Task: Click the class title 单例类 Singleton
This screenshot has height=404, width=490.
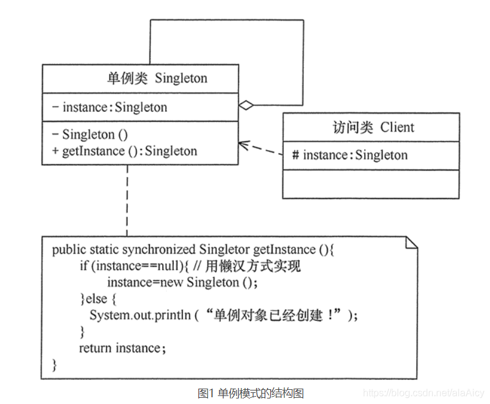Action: (157, 78)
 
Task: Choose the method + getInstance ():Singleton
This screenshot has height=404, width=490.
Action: (129, 151)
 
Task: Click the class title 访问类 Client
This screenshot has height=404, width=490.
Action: (370, 127)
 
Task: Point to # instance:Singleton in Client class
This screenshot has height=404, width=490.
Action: (349, 155)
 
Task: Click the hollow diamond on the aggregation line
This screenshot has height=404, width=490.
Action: (246, 105)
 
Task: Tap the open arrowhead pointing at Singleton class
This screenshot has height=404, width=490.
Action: (243, 145)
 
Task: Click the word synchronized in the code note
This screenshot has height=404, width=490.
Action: (159, 250)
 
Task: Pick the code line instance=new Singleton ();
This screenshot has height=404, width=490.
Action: (182, 282)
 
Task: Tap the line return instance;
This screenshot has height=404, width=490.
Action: (122, 348)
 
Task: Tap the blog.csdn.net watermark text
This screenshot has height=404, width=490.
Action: (423, 392)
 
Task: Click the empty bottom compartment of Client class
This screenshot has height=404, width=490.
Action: (370, 184)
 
